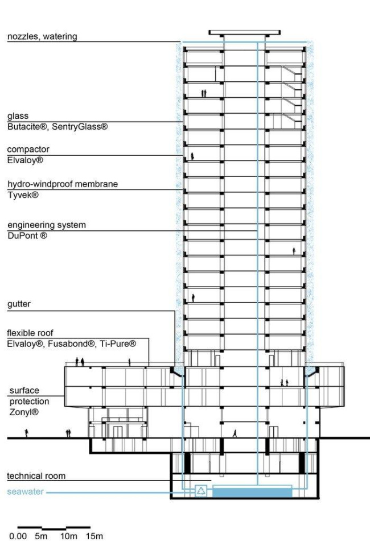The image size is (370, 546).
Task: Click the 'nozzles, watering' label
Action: pos(42,36)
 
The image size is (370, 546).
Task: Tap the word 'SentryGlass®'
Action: pos(80,127)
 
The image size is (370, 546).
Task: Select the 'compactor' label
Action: pos(28,150)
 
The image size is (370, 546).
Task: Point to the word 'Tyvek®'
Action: pos(23,195)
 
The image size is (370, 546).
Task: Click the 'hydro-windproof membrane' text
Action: pos(63,184)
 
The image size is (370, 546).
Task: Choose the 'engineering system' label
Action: pos(47,225)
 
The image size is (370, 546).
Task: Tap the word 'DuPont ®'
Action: pos(27,235)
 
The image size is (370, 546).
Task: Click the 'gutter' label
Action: pos(19,304)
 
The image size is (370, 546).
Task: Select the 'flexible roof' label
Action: pos(30,333)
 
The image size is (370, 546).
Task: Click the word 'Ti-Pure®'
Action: pos(118,344)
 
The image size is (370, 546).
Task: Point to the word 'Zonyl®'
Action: pos(24,412)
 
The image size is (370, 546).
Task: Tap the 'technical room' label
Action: pos(36,476)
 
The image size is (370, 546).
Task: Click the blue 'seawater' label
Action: pos(26,492)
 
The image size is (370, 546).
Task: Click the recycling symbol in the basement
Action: pos(201,491)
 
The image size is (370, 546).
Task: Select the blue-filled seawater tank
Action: pos(252,493)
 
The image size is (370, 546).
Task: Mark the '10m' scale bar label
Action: pos(69,536)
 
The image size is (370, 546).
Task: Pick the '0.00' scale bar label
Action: pos(18,536)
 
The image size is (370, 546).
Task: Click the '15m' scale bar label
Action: pos(94,536)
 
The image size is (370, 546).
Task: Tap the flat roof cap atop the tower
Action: pos(245,33)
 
